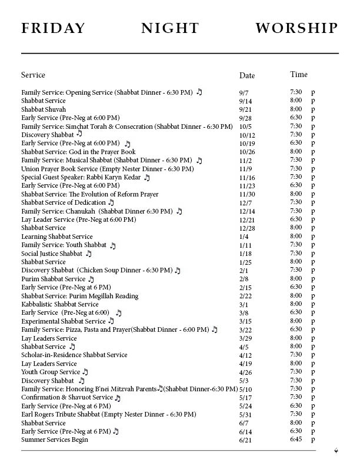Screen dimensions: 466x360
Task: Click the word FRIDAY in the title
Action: click(x=54, y=28)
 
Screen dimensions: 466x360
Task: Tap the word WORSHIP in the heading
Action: click(x=297, y=28)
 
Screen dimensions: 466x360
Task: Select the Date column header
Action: click(x=247, y=75)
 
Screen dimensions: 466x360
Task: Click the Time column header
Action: click(x=298, y=75)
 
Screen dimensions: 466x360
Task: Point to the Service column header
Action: click(x=33, y=75)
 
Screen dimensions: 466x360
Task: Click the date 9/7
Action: click(x=244, y=92)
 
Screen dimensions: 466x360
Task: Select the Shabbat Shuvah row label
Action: click(x=44, y=109)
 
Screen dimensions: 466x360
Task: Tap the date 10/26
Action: click(x=246, y=152)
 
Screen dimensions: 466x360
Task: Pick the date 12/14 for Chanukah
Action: click(x=246, y=211)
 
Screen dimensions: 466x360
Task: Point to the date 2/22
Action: click(x=245, y=296)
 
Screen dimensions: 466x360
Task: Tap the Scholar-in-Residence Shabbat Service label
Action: click(x=74, y=355)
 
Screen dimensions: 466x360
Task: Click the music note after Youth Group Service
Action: click(x=85, y=372)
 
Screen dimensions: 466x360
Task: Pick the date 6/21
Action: click(x=245, y=440)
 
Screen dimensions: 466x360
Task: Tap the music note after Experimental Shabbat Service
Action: click(x=111, y=321)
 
